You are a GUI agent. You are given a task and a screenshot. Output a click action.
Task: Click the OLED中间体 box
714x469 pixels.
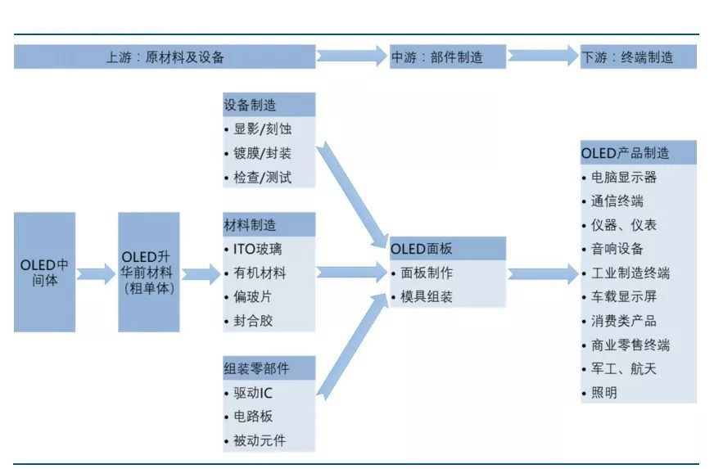coord(44,272)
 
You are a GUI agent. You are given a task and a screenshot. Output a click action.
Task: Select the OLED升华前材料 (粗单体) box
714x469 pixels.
coord(148,272)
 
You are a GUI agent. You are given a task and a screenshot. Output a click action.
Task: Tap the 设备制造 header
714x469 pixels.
coord(269,105)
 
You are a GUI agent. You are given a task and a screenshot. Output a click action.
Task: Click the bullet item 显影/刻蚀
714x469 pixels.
coord(262,129)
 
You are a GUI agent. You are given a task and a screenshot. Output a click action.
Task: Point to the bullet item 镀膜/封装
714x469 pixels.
coord(262,152)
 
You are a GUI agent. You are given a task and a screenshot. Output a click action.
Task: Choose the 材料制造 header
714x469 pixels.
coord(269,224)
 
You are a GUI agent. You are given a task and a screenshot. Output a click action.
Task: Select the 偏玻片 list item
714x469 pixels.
coord(253,296)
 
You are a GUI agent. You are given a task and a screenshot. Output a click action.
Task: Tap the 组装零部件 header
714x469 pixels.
coord(269,368)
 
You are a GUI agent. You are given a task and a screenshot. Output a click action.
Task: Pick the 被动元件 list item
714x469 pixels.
coord(260,441)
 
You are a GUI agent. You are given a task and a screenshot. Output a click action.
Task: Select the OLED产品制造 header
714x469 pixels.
coord(638,152)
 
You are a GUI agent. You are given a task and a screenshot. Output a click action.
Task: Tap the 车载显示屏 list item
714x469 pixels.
coord(623,296)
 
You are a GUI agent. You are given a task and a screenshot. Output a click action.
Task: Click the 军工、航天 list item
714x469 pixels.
coord(623,368)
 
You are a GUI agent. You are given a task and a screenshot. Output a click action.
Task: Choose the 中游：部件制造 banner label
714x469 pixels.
coord(447,57)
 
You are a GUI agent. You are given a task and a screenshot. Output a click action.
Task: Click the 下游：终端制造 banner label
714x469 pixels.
coord(638,57)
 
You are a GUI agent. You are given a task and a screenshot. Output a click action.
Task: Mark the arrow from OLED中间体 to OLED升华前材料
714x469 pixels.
coord(97,273)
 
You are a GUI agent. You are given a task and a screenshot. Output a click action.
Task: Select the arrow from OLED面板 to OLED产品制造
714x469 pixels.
coord(542,273)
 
